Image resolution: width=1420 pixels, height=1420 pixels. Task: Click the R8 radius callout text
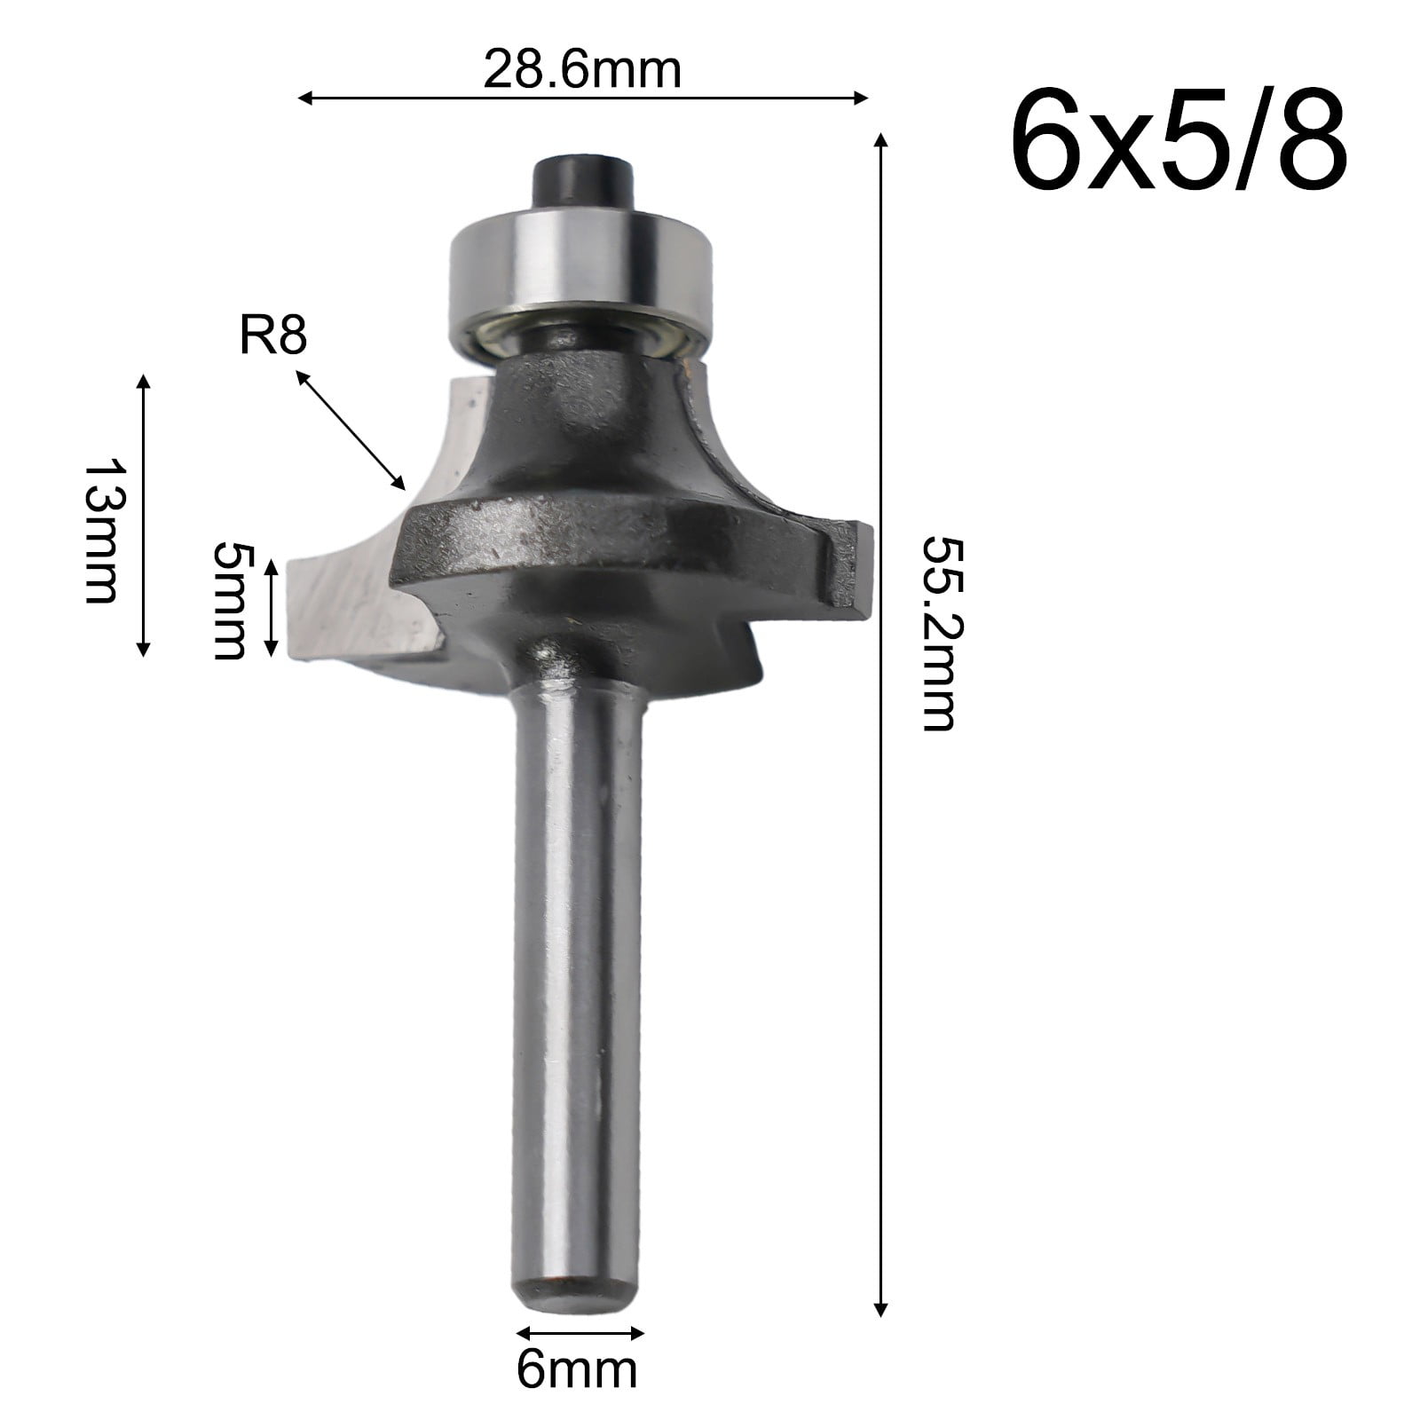point(272,337)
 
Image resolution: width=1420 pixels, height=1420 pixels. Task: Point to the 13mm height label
point(100,531)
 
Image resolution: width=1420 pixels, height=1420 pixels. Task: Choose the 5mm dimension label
point(229,600)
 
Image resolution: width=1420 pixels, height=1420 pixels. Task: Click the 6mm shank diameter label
point(577,1371)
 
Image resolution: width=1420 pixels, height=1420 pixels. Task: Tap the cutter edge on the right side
point(850,568)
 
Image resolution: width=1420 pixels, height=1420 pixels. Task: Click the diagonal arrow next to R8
point(350,430)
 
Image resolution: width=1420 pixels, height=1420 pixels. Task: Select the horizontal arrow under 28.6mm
point(581,98)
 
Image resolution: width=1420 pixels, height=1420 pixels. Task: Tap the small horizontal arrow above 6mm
point(580,1333)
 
